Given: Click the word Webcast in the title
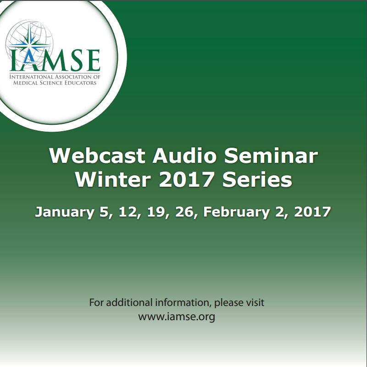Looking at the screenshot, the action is (97, 156).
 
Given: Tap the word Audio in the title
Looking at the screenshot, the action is (184, 156).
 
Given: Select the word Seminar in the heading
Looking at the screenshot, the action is (271, 156).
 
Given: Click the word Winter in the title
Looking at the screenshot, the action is (113, 180).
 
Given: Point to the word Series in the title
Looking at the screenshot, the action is (257, 180).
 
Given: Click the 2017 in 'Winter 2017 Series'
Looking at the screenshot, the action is (186, 180).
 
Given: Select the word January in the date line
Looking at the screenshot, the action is (65, 212).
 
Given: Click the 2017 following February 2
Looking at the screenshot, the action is (312, 212).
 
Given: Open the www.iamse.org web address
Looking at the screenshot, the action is (177, 317).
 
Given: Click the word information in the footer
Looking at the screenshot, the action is (182, 303).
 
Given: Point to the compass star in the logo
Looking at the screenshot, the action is (29, 43).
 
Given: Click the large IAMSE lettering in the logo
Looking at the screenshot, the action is (55, 60).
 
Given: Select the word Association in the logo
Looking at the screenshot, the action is (74, 77).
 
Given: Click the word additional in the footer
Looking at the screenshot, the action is (129, 303).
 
